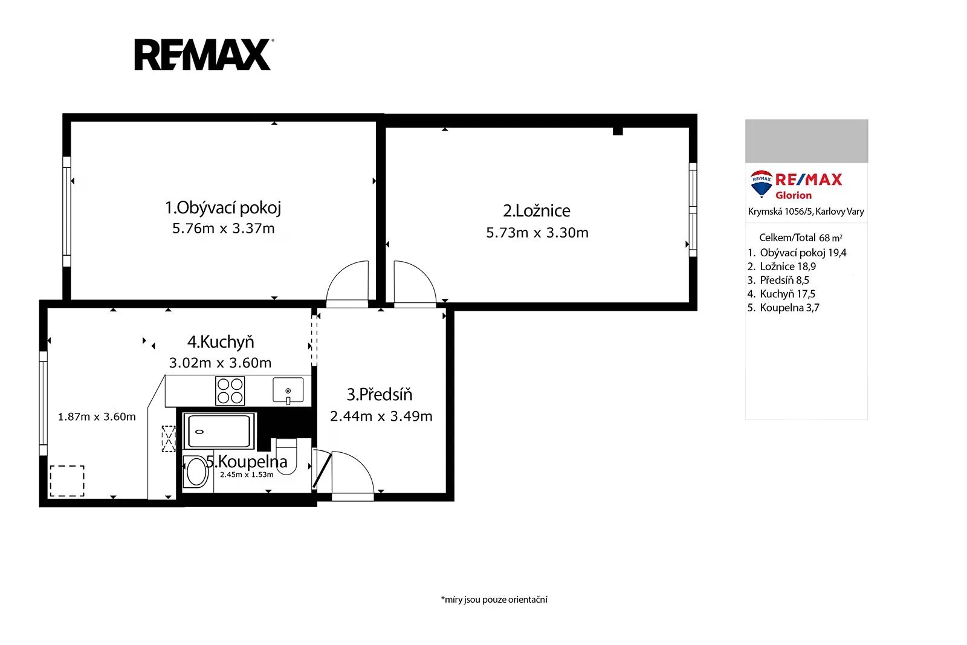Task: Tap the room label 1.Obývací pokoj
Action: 223,208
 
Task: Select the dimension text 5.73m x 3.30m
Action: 537,233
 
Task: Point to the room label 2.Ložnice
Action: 537,211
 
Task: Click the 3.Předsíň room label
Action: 380,394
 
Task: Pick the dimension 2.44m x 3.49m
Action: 381,416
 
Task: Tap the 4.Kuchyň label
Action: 221,342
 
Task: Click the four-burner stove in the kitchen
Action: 230,391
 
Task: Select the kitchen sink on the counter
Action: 288,391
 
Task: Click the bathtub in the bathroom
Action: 219,431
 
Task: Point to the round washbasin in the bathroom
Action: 196,472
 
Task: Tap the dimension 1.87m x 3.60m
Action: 97,416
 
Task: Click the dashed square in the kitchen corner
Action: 67,481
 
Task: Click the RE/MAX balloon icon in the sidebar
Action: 762,184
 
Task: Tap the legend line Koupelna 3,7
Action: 783,308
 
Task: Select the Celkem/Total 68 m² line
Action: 801,238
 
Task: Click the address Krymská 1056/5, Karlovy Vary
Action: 806,212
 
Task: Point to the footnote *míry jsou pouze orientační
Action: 494,599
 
